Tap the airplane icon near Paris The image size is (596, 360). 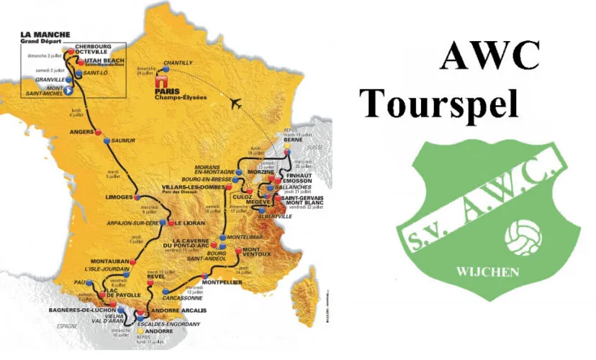[235, 103]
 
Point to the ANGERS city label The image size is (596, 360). [81, 132]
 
